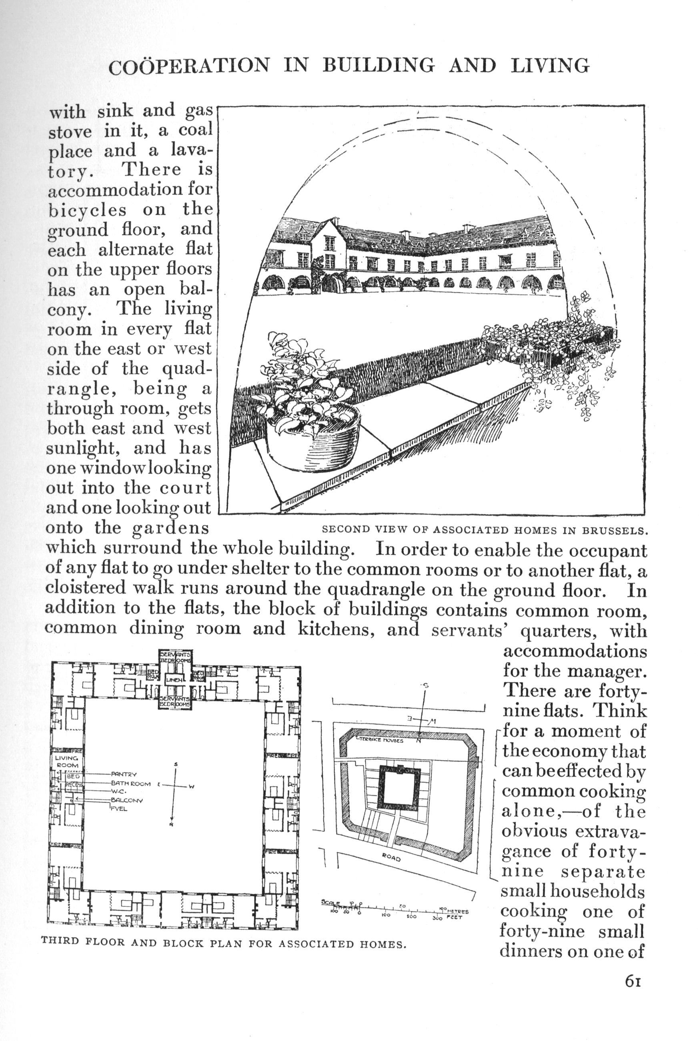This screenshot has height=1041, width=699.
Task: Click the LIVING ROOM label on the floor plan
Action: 66,761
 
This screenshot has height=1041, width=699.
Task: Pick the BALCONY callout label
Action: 126,800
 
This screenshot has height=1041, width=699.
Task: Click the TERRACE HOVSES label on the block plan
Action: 382,740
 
